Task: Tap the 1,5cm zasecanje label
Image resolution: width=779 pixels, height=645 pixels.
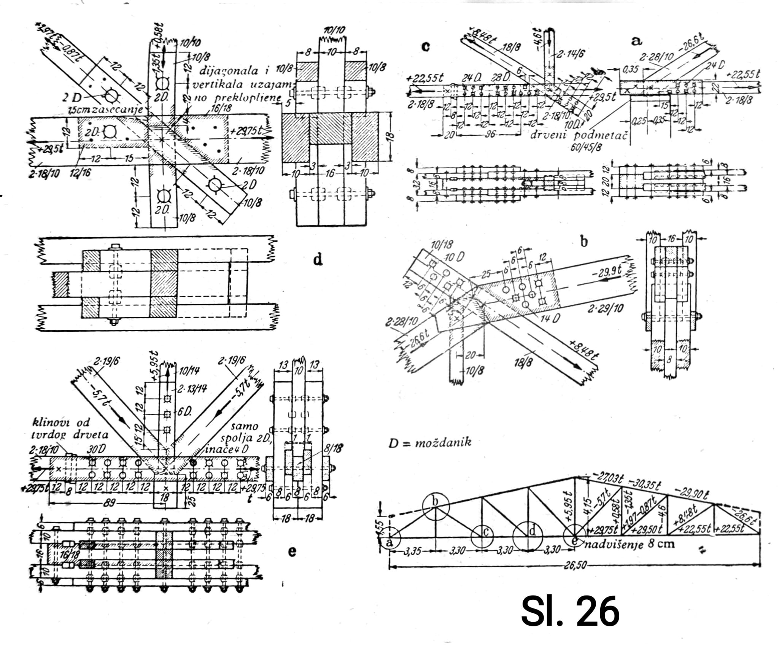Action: coord(106,110)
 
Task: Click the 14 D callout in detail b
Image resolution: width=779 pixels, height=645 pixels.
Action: coord(550,318)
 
